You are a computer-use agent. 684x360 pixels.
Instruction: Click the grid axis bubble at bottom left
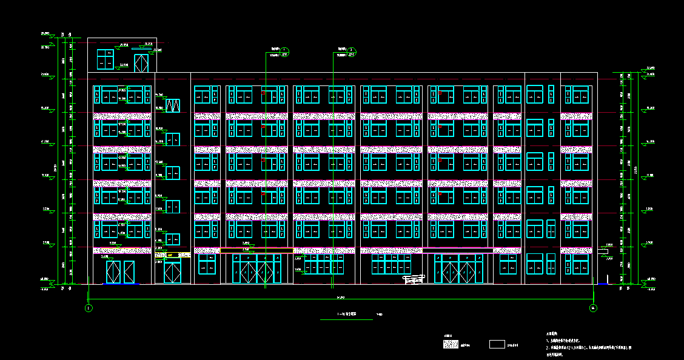pos(89,308)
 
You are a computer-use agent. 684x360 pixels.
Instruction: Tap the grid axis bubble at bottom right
pos(592,308)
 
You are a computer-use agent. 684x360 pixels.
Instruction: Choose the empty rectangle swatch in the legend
pos(497,344)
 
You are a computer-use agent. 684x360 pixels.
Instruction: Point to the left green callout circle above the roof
pos(286,50)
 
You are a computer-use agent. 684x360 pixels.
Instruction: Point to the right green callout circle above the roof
pos(352,50)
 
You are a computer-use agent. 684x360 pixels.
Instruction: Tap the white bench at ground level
pos(413,279)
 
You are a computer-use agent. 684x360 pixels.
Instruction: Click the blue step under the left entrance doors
pos(121,283)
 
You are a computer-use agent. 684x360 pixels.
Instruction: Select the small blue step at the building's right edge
pos(603,283)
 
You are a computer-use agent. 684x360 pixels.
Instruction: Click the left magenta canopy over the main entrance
pos(256,250)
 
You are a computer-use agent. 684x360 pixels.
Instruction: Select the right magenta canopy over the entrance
pos(457,250)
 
